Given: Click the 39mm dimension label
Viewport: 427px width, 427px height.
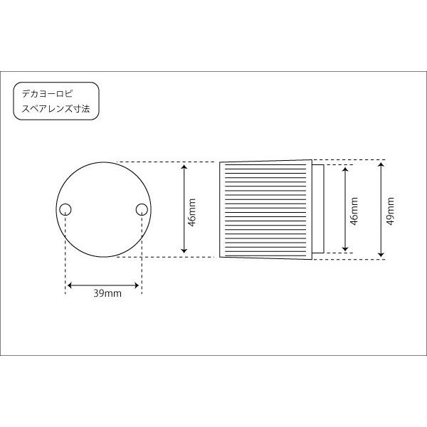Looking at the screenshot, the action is (107, 293).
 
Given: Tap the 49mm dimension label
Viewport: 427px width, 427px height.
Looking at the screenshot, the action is (390, 211).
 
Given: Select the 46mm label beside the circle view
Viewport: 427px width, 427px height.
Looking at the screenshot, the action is (192, 212).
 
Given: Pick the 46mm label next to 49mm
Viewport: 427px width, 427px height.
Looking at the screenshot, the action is (354, 211).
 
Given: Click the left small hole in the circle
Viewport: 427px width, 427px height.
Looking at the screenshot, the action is (65, 209).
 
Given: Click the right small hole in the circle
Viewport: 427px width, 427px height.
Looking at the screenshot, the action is (142, 209).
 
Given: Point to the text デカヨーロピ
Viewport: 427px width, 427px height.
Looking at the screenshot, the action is (48, 94).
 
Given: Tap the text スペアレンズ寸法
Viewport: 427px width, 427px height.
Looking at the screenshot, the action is (56, 109).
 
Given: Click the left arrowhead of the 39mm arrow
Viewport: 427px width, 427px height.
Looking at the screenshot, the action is (70, 285).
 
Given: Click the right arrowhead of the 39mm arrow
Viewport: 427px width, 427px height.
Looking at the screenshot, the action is (137, 285).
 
